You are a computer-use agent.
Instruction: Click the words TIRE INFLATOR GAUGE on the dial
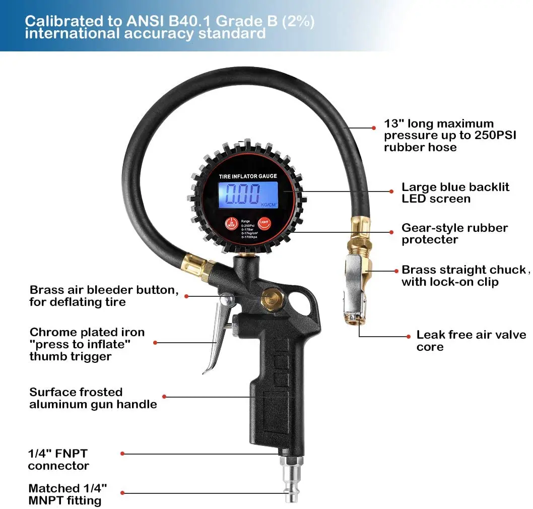point(248,176)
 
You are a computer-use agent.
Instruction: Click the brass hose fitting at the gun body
point(199,267)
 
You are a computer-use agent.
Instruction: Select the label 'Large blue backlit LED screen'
point(455,193)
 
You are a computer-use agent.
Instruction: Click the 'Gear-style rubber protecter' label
point(454,233)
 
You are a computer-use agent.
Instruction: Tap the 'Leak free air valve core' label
point(471,341)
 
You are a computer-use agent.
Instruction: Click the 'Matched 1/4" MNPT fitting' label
point(68,494)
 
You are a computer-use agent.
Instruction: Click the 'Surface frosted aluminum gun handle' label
point(93,398)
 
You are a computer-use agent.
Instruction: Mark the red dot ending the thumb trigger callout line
point(155,343)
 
